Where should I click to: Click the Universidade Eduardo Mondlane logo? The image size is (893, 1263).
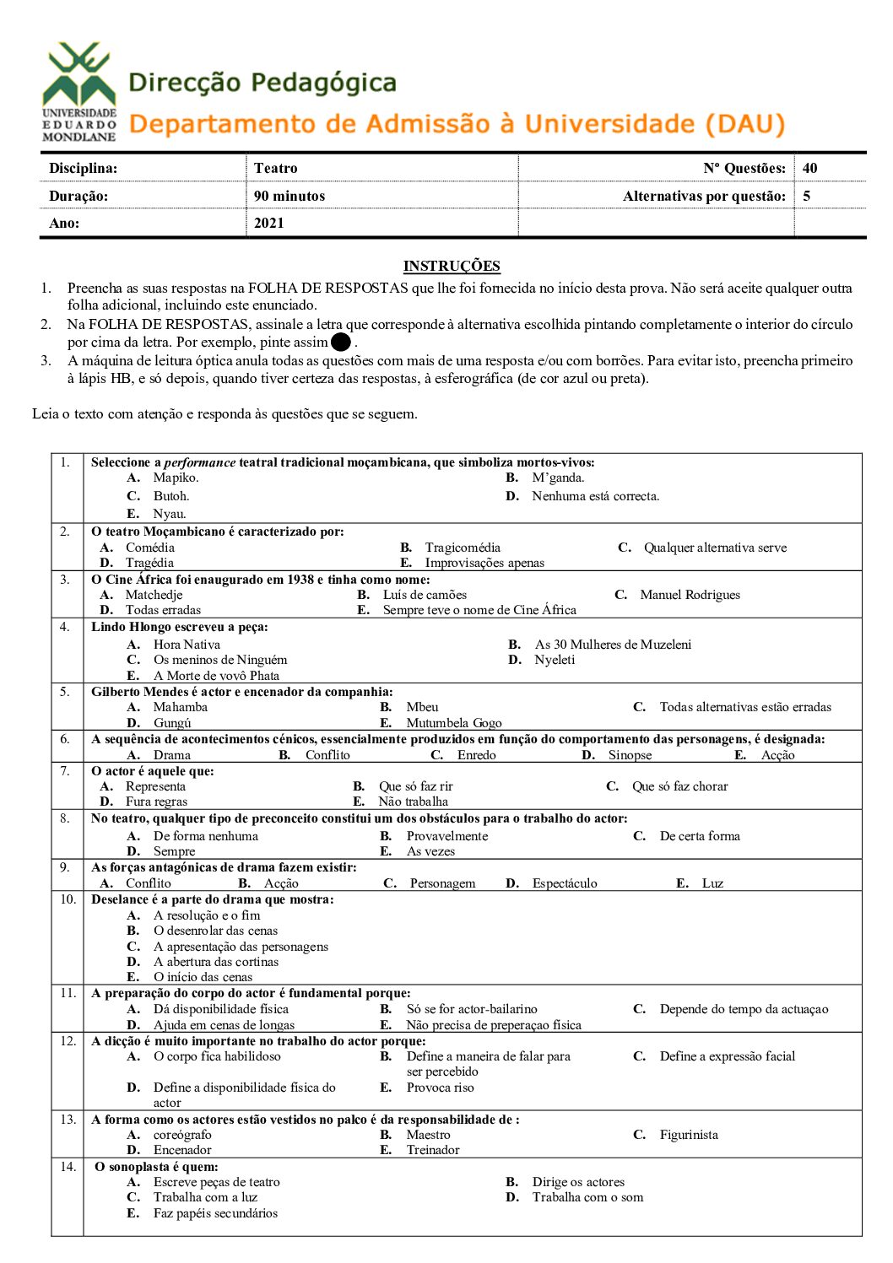79,92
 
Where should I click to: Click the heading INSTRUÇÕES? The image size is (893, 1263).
452,266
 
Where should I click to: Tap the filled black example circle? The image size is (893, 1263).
341,343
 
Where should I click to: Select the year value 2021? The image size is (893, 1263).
268,223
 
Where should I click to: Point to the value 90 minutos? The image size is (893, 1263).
289,196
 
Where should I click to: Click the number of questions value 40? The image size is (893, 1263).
809,168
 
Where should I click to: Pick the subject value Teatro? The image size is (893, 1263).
275,168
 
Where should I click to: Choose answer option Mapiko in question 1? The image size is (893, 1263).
176,478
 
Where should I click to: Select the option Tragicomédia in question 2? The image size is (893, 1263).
463,548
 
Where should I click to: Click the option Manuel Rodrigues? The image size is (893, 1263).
690,595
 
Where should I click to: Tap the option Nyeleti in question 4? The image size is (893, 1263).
554,660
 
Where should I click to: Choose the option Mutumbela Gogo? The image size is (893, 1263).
453,723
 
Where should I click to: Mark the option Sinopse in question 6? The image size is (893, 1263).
630,755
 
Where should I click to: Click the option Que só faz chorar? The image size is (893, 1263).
679,786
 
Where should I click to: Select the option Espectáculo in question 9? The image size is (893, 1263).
564,883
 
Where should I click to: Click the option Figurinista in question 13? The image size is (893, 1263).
689,1135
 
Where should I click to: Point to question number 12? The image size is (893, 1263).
68,1041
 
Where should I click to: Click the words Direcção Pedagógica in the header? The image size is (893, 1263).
262,83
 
